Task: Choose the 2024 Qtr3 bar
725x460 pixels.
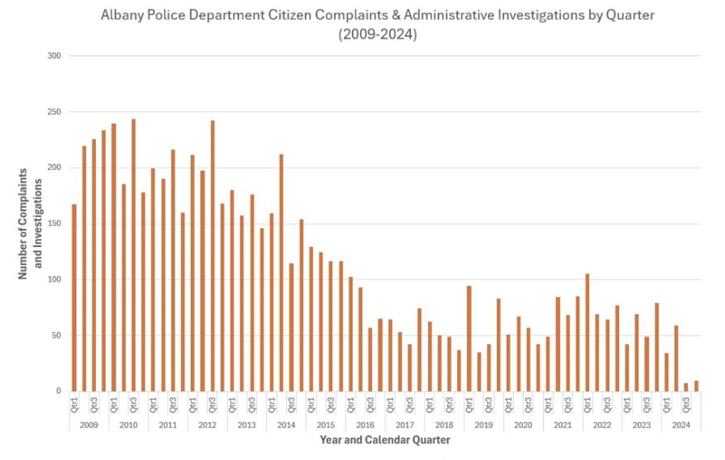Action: [x=686, y=387]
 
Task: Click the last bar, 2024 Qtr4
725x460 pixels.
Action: [x=696, y=386]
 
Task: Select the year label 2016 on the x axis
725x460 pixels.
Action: [x=365, y=425]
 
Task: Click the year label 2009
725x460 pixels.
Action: [x=89, y=425]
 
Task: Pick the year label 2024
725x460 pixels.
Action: [x=681, y=425]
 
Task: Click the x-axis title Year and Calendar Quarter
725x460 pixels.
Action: [x=385, y=440]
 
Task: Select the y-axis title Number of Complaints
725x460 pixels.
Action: [x=24, y=224]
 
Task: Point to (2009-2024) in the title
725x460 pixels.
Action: [x=378, y=35]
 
